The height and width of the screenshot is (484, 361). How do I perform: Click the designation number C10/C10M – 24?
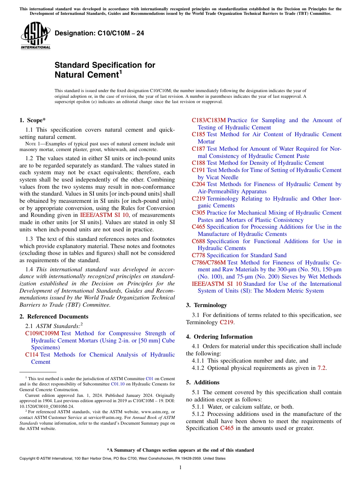99,33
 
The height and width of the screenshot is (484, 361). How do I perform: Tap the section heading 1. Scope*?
33,120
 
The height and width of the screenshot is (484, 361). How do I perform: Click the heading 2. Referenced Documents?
54,317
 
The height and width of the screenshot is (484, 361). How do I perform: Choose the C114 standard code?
32,355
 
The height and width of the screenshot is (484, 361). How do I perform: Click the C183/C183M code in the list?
209,120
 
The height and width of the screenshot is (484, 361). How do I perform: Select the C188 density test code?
198,163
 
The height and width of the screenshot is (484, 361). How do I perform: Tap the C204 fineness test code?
198,184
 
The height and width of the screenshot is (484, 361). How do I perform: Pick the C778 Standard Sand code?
198,255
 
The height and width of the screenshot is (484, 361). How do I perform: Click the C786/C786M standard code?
209,263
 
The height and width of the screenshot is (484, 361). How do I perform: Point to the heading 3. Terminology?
206,305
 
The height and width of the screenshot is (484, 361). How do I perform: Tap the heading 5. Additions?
203,382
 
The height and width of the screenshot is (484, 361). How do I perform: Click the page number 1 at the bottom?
180,468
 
